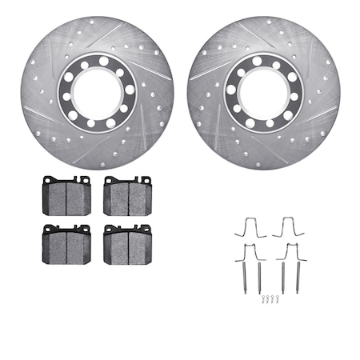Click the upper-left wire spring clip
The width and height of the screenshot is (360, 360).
coord(250,227)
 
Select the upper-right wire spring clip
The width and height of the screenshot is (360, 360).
coord(289,227)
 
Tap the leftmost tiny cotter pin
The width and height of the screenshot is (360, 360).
coord(262,299)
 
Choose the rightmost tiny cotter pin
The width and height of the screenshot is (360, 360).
coord(278,299)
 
